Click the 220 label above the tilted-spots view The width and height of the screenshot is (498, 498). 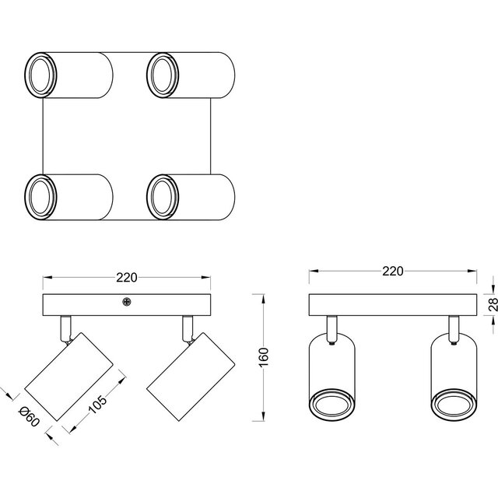127,277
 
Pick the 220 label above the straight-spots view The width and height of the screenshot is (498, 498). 393,272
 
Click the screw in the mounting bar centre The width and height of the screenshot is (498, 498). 127,302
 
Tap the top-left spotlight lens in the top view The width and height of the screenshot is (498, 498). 40,74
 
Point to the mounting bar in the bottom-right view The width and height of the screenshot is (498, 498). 392,304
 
